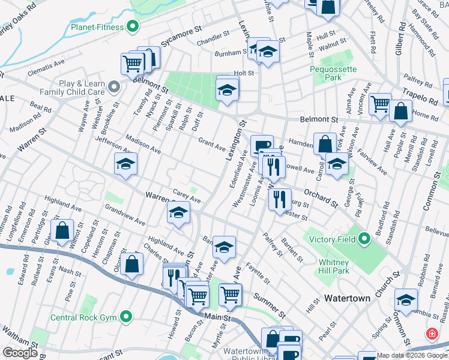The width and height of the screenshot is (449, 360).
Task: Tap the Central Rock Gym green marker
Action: (x=126, y=316)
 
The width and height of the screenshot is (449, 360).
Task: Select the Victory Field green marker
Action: (x=364, y=240)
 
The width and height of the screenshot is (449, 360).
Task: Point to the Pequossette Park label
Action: (x=333, y=73)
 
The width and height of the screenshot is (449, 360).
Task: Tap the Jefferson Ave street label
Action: (x=115, y=144)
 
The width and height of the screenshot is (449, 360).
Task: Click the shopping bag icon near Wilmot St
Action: (x=62, y=231)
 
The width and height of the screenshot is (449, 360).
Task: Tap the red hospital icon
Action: (x=431, y=334)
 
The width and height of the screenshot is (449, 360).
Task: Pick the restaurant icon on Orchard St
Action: (x=279, y=200)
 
